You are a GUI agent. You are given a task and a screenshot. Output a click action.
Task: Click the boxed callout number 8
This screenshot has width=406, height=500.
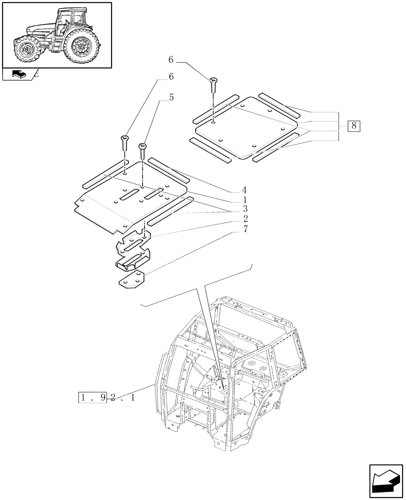point(353,125)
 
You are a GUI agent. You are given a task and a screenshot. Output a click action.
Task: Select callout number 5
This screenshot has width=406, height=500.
point(171,97)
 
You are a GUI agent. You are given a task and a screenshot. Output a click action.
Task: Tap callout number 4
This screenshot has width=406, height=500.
point(244,190)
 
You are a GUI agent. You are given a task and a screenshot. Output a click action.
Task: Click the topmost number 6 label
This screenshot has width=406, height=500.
point(170,60)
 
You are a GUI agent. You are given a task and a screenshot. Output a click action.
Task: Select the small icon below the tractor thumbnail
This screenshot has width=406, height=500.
point(16,75)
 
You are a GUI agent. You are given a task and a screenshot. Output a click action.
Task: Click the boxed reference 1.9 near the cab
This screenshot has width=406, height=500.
point(93,398)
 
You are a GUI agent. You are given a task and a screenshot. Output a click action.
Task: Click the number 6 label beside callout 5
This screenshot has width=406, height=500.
point(170,77)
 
